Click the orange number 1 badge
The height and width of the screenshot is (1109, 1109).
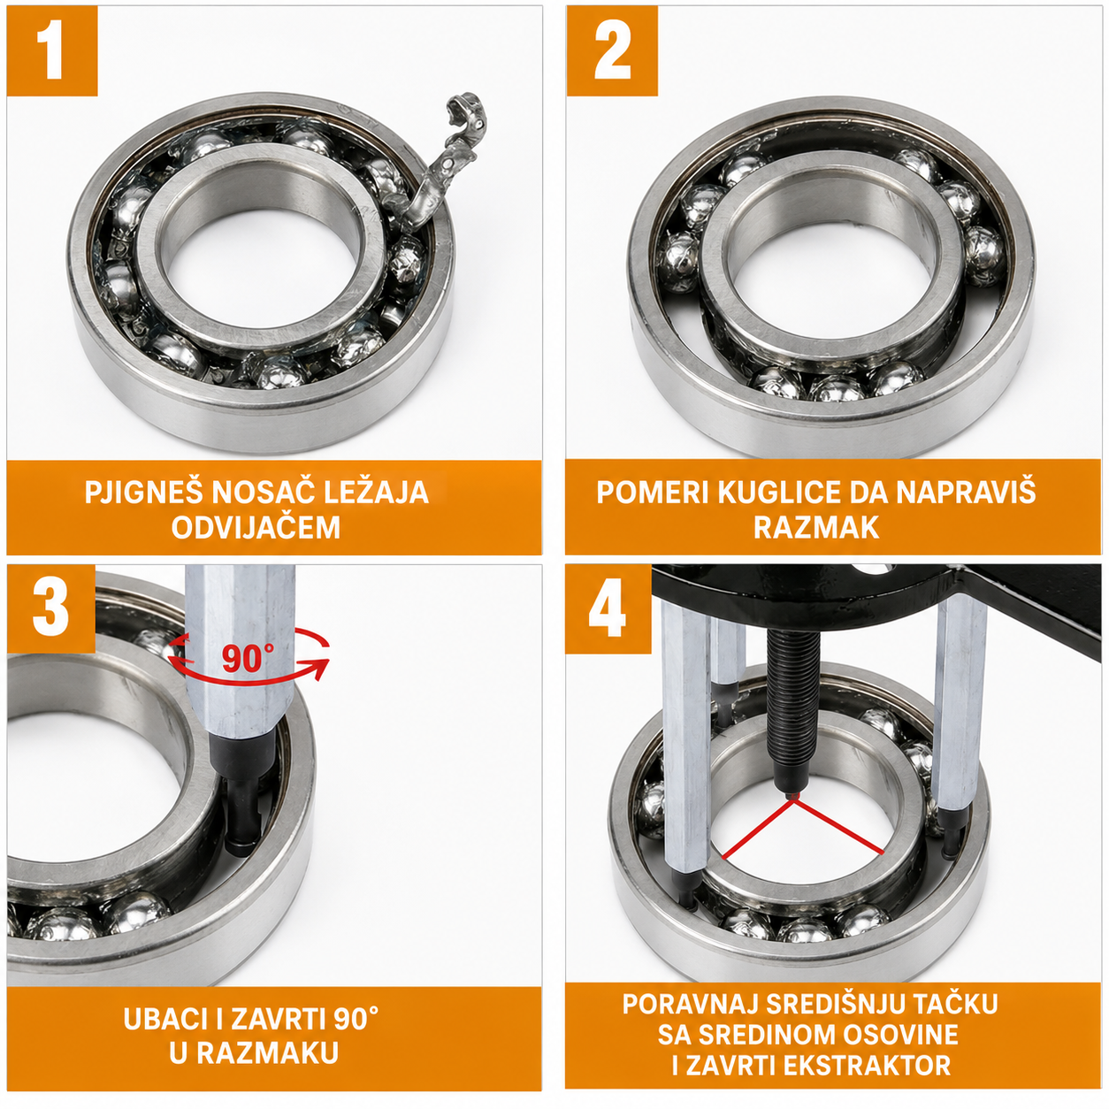(52, 50)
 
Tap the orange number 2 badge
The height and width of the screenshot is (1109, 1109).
(611, 50)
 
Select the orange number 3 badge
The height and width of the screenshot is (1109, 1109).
(51, 608)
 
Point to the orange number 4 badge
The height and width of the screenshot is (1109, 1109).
(608, 608)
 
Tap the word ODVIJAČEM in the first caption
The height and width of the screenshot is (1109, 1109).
(256, 527)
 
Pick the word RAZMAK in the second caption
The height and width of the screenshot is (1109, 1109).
(816, 527)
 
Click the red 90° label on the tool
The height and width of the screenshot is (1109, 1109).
(248, 658)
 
